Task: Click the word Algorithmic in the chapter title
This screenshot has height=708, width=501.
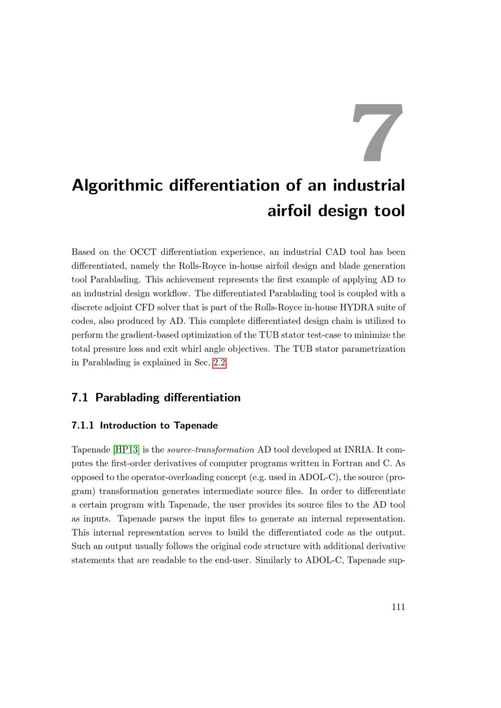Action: pyautogui.click(x=117, y=186)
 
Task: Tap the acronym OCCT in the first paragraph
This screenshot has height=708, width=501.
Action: pyautogui.click(x=143, y=252)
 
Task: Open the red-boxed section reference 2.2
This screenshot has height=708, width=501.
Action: pyautogui.click(x=219, y=363)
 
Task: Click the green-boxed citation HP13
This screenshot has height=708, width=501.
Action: pyautogui.click(x=126, y=450)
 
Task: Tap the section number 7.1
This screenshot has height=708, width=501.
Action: pyautogui.click(x=80, y=398)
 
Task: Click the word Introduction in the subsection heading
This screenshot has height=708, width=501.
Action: pyautogui.click(x=128, y=426)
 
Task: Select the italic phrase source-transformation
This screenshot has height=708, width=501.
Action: pyautogui.click(x=210, y=450)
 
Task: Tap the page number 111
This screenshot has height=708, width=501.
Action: pyautogui.click(x=398, y=607)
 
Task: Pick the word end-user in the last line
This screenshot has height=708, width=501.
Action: pyautogui.click(x=232, y=560)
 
